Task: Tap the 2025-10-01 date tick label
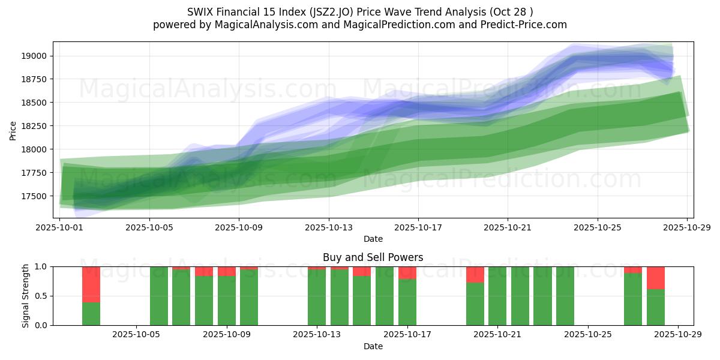coord(60,228)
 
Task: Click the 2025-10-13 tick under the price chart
coord(328,228)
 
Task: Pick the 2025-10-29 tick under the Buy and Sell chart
coord(678,335)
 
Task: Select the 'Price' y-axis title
coord(13,130)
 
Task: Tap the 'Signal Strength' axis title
coord(26,296)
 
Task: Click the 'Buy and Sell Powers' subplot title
coord(373,257)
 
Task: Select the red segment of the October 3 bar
coord(91,284)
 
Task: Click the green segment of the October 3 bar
coord(91,314)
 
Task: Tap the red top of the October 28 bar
coord(656,277)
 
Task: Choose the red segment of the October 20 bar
coord(475,274)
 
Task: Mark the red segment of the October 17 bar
coord(407,272)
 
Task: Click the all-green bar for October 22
coord(520,296)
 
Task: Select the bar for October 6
coord(159,296)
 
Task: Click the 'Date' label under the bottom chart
coord(373,346)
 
